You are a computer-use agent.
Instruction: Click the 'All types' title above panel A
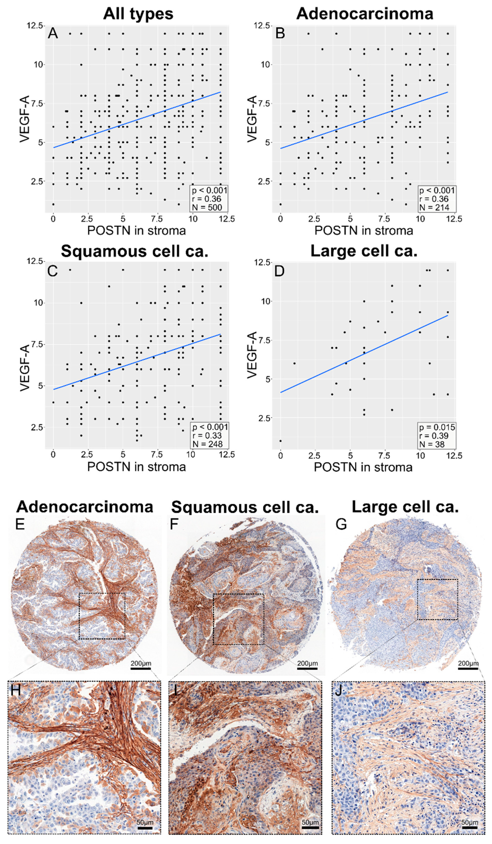click(138, 14)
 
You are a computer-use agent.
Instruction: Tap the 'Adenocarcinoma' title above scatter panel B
click(364, 14)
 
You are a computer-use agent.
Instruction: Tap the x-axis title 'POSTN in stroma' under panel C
click(136, 467)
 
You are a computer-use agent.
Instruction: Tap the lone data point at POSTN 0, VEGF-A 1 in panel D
click(280, 441)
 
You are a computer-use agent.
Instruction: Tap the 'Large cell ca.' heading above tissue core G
click(405, 507)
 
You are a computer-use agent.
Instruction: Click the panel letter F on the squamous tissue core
click(174, 524)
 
